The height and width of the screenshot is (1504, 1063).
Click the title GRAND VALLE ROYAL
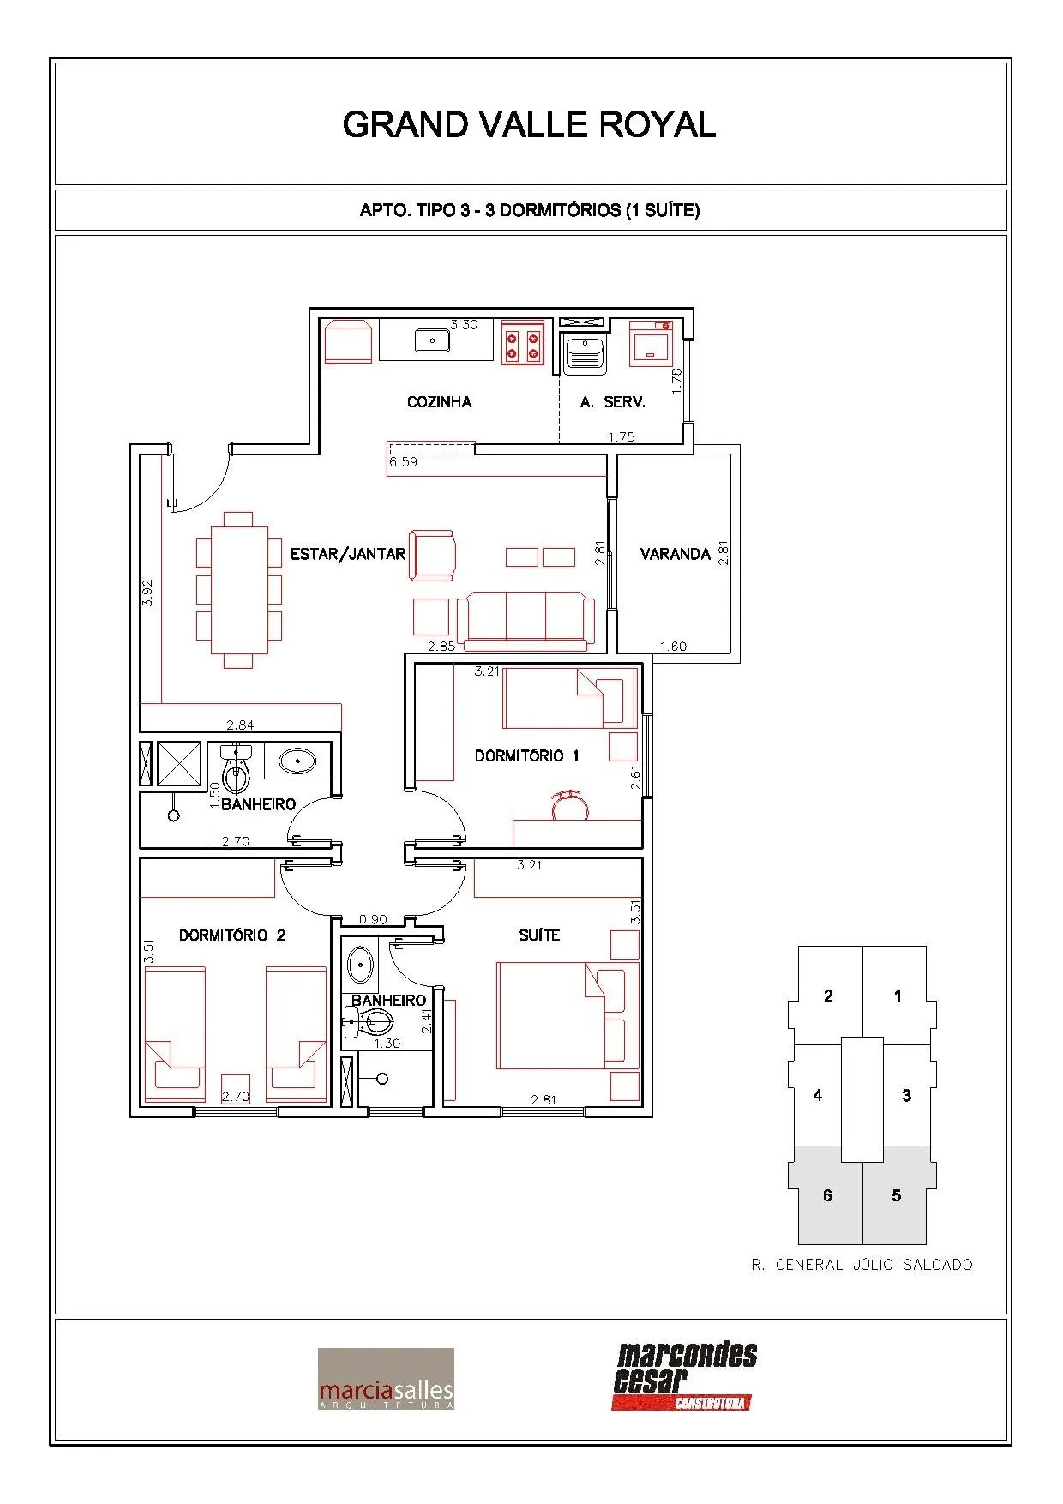(529, 125)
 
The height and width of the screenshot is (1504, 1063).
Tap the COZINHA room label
(439, 401)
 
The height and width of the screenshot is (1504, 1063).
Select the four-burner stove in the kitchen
(523, 345)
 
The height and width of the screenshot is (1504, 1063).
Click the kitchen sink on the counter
(433, 340)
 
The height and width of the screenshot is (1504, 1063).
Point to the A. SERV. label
(612, 401)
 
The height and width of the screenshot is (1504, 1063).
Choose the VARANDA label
(676, 554)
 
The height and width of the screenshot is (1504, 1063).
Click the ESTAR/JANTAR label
(347, 554)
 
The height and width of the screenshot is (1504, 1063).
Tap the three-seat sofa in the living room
(525, 619)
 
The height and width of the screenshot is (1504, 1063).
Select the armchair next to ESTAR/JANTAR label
(432, 555)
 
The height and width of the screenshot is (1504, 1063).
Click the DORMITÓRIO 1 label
(527, 755)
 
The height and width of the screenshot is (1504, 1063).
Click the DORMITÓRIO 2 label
(232, 935)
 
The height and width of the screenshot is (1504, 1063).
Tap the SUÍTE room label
(539, 935)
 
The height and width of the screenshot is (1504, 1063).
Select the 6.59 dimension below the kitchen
(403, 462)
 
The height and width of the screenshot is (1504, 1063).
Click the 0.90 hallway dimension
(373, 919)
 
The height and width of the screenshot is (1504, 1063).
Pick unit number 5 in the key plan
(897, 1195)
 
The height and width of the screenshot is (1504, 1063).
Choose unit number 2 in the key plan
(828, 996)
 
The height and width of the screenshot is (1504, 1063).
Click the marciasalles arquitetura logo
(386, 1379)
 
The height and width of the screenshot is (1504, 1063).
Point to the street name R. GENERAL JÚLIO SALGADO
(862, 1265)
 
